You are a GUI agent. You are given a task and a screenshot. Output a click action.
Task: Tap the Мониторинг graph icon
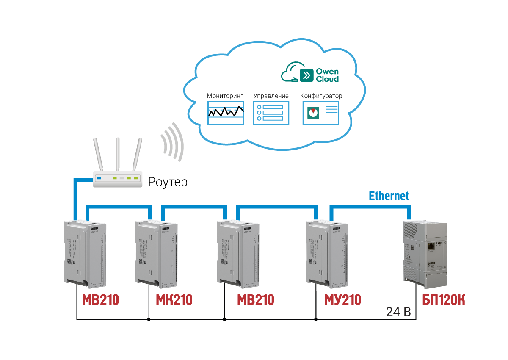point(226,113)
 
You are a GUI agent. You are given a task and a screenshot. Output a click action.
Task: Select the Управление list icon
point(271,113)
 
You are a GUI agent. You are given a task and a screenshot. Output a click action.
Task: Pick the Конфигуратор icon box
point(321,113)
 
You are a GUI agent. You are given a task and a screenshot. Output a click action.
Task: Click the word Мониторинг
point(225,96)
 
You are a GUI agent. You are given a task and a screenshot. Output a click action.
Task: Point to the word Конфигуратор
point(321,96)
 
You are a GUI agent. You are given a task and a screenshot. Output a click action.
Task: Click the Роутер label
point(168,183)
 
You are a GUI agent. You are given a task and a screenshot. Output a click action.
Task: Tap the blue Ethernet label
point(389,196)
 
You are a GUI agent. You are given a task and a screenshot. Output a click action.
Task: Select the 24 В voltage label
point(398,313)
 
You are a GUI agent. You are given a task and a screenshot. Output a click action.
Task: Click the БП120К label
point(443,300)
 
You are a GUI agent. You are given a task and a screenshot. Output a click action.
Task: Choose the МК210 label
point(174,300)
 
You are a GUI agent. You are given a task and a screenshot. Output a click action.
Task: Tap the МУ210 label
point(342,300)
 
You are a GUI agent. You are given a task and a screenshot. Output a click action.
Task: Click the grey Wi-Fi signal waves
point(173,142)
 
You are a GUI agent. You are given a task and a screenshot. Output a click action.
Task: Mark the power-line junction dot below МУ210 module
point(315,319)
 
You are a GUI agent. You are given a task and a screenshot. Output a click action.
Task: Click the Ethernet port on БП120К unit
point(431,245)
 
